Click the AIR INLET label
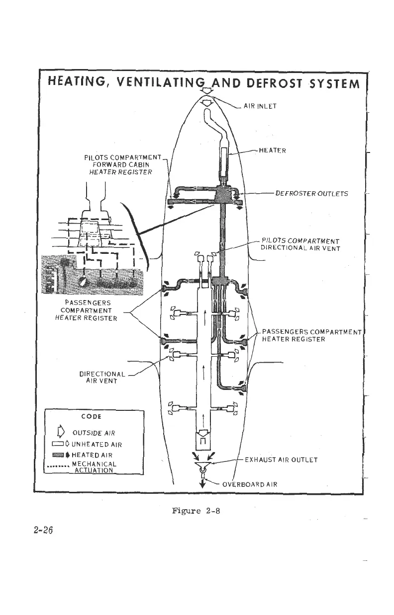[261, 105]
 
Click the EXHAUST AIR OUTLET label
[281, 460]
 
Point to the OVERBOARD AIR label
[249, 484]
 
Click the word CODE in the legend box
[93, 416]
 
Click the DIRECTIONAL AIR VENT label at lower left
[102, 378]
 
